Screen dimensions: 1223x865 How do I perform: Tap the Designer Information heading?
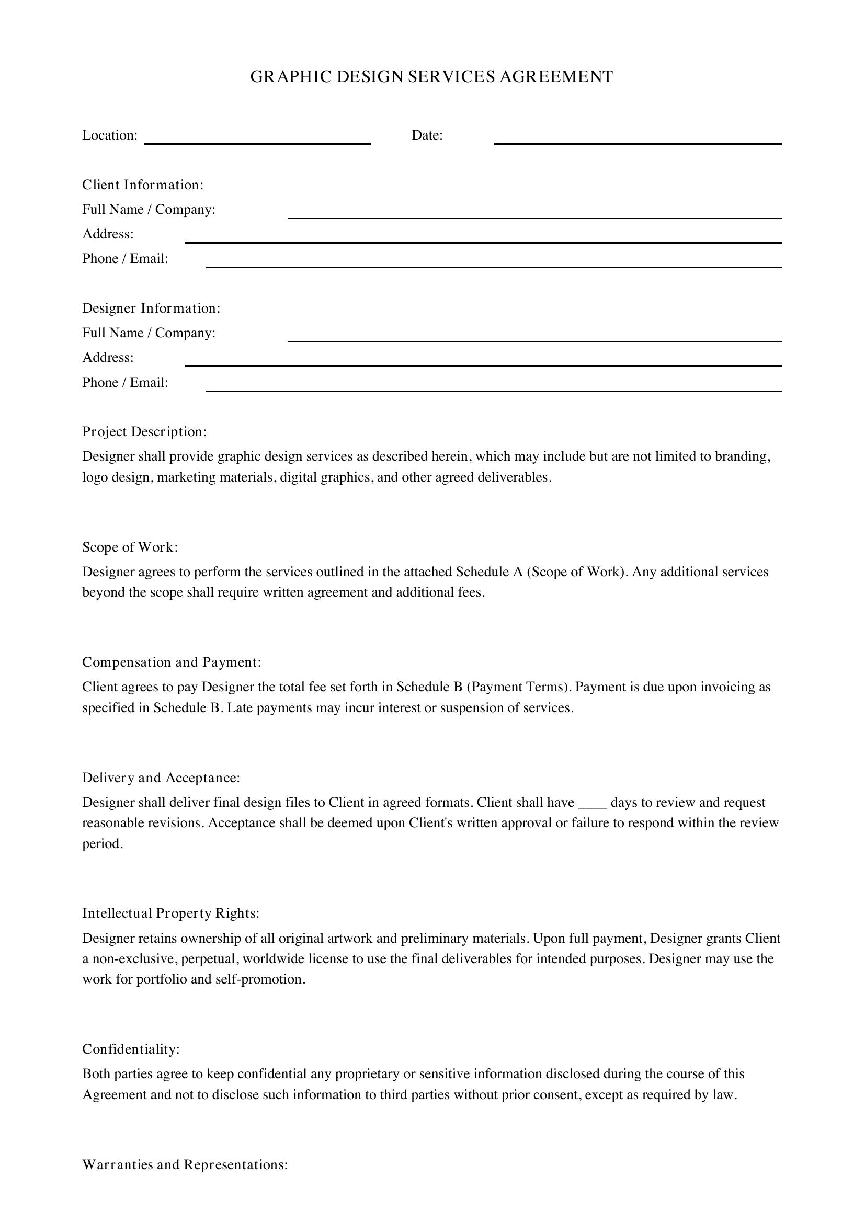pyautogui.click(x=151, y=308)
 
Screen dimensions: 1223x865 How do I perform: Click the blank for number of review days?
pyautogui.click(x=593, y=804)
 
